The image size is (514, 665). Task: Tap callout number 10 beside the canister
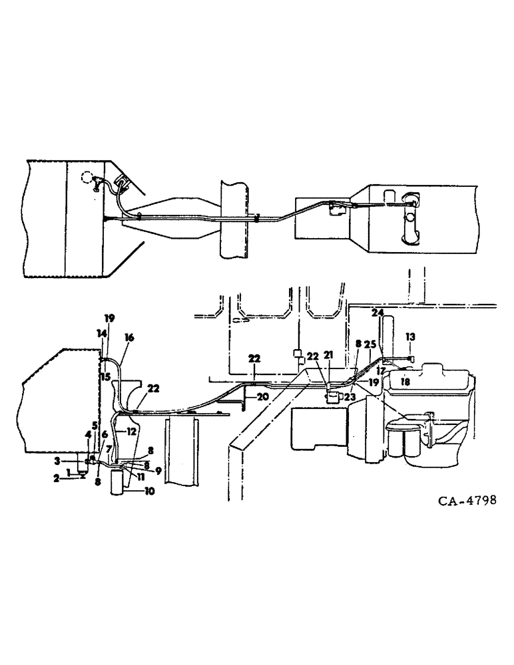(144, 491)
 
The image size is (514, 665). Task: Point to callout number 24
(378, 311)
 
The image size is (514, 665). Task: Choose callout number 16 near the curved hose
(129, 338)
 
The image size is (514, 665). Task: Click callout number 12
(131, 432)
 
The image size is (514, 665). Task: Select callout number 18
(405, 382)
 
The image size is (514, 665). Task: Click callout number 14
(101, 332)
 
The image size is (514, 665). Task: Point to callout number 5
(95, 425)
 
